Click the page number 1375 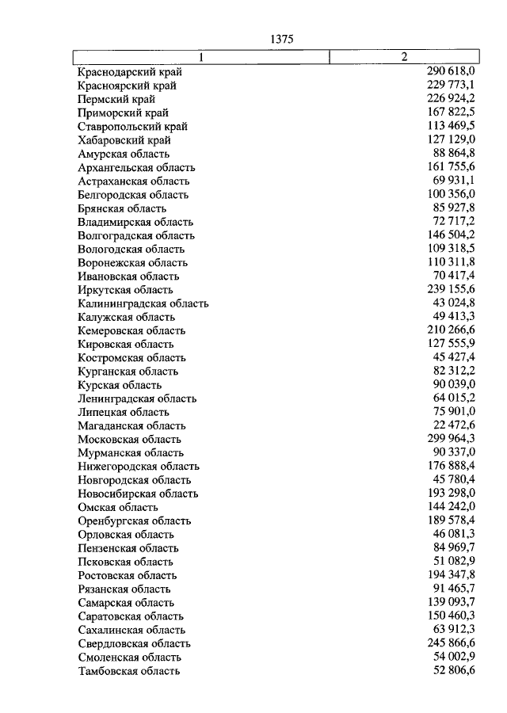(x=281, y=39)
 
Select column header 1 (x=201, y=56)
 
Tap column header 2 (x=404, y=56)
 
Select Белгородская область (x=133, y=195)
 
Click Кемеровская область (x=132, y=330)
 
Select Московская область (x=129, y=439)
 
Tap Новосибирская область (x=138, y=494)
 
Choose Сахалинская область (x=131, y=630)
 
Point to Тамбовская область (x=128, y=671)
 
